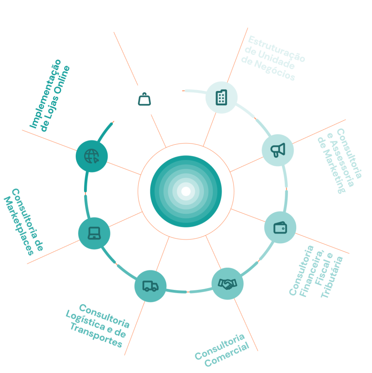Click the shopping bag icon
(145, 99)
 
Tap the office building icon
(221, 97)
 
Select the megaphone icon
(278, 150)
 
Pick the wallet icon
(280, 228)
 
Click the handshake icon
(227, 283)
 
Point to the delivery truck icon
(150, 286)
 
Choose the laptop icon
(94, 233)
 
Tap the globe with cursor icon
(91, 156)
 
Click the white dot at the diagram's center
(186, 191)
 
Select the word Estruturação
(276, 48)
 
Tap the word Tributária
(332, 277)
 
